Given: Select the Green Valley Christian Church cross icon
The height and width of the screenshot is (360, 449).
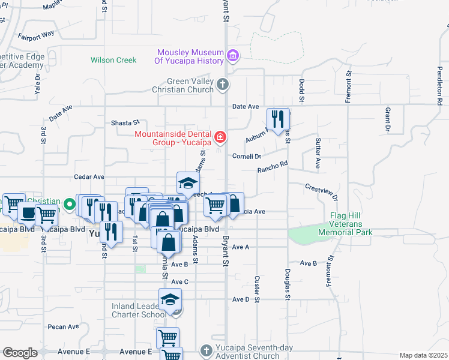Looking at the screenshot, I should (223, 85).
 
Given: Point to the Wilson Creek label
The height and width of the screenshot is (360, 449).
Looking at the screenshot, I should (113, 60).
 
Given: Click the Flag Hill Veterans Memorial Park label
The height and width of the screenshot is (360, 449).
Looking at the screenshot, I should (351, 224).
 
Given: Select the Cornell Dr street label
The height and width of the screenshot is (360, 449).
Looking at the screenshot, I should (247, 157).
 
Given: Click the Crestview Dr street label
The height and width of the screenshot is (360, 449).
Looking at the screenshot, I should (322, 192).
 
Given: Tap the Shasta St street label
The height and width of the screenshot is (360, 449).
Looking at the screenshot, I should (125, 122).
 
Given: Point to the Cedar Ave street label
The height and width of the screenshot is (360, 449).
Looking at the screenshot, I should (89, 177).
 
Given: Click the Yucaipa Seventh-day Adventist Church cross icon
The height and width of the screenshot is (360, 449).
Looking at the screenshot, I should (206, 350).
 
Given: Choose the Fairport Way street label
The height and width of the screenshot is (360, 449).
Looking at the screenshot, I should (37, 35).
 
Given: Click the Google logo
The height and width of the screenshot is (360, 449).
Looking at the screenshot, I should (20, 353).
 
